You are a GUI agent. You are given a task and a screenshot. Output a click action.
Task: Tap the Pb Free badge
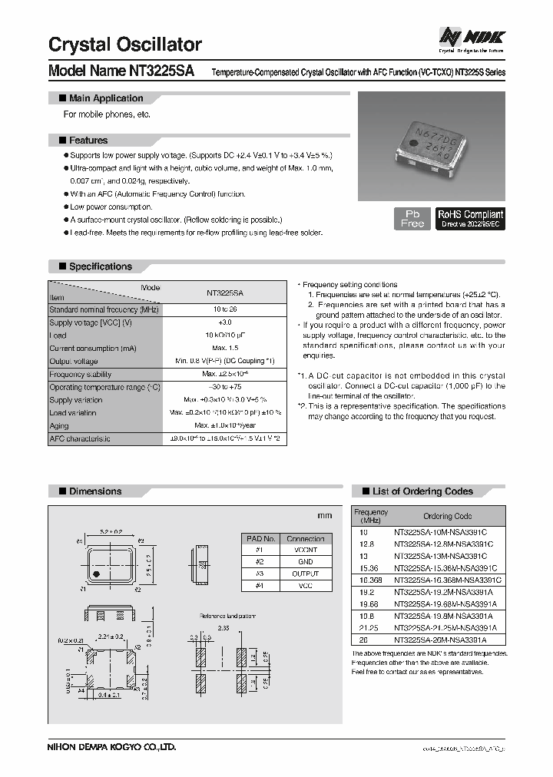tap(412, 218)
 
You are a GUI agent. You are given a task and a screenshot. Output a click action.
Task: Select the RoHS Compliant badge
tap(470, 218)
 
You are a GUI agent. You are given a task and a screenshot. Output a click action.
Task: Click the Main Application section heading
tap(105, 98)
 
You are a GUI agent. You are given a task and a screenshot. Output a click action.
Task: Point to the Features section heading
tap(88, 141)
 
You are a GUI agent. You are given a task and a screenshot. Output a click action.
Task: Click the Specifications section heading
tap(100, 266)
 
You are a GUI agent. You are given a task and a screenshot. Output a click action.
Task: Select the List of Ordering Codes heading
tap(422, 491)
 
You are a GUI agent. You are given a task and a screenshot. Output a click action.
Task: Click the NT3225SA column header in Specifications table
tap(224, 293)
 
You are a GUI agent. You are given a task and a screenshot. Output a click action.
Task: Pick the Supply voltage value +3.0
tap(224, 322)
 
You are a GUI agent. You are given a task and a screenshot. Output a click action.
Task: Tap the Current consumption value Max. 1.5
tap(224, 349)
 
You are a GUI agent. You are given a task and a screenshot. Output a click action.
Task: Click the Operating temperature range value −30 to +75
tap(224, 387)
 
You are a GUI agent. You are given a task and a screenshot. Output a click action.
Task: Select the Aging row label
tap(59, 425)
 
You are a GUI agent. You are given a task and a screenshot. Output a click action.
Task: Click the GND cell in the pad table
tap(306, 562)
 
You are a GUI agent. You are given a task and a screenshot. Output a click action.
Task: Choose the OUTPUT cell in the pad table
tap(306, 574)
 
